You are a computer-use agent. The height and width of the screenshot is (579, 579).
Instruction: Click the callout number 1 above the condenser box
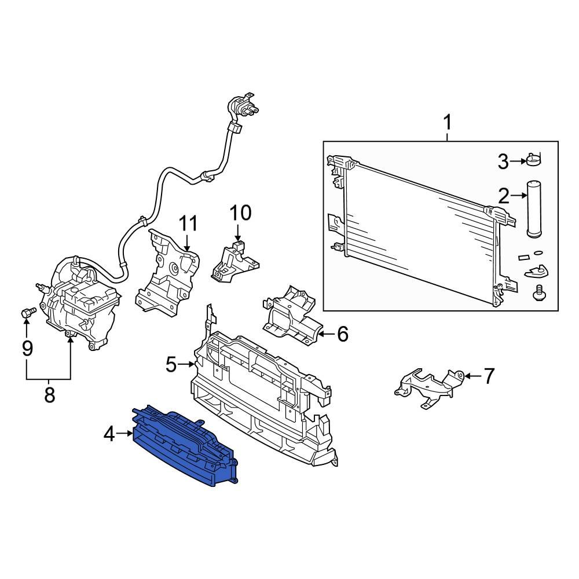tap(447, 123)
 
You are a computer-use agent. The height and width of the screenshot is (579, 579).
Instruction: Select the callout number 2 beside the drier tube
tap(503, 196)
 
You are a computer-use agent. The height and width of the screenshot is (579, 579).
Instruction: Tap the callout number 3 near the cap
tap(503, 162)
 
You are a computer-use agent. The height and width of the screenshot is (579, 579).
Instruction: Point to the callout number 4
tap(109, 433)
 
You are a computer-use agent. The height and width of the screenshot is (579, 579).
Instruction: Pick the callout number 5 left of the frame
tap(171, 364)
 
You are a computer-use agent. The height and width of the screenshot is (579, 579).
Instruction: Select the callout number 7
tap(489, 376)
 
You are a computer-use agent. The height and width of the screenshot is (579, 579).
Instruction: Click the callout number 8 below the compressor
tap(49, 395)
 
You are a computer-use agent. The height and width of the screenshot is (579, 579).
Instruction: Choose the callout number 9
tap(27, 349)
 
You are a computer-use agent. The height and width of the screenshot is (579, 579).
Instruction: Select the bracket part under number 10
tap(234, 262)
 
